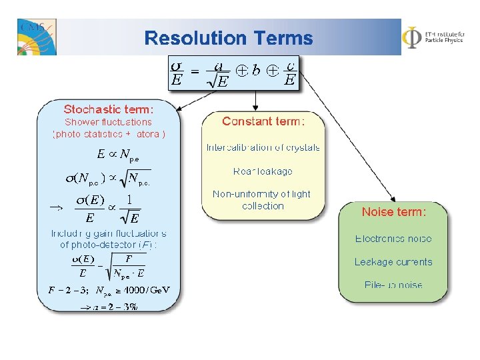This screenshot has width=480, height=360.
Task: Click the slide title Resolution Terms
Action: point(228,38)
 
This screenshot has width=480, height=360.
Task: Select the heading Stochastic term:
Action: point(109,109)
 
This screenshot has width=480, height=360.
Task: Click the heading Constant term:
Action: point(263,121)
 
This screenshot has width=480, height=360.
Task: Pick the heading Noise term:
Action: point(393,212)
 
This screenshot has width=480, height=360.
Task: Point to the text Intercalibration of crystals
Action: point(263,147)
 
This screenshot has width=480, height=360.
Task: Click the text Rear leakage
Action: point(263,171)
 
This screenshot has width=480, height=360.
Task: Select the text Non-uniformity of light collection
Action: point(261,200)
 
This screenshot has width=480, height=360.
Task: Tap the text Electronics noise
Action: point(393,239)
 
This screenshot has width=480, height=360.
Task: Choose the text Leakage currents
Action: point(393,262)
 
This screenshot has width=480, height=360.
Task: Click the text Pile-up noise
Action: point(393,285)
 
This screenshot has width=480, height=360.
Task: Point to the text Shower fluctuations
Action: point(108,122)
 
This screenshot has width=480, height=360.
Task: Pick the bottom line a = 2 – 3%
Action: point(109,307)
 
